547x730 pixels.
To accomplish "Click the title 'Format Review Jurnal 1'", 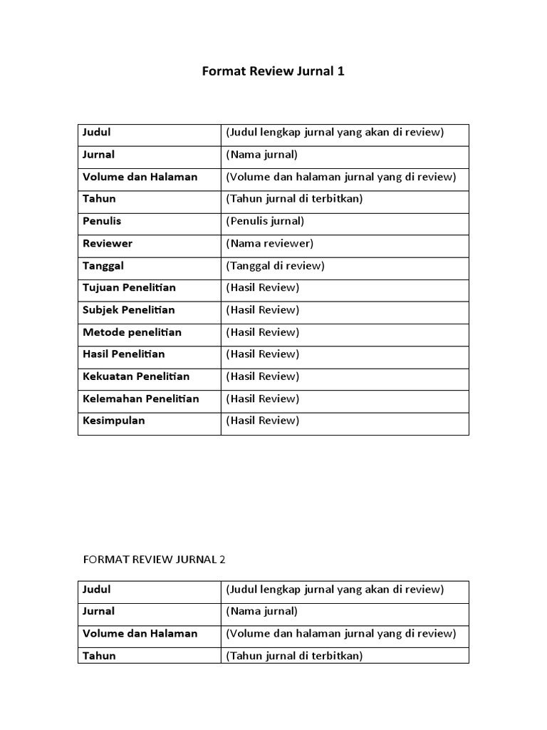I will click(x=273, y=71).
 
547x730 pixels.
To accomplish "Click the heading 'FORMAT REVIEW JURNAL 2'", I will click(x=154, y=560).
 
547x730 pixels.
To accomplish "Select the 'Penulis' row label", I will click(x=102, y=221).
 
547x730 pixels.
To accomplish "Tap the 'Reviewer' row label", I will click(x=108, y=244).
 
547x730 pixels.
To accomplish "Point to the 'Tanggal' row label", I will click(x=104, y=266).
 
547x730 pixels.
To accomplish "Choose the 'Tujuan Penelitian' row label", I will click(x=129, y=288).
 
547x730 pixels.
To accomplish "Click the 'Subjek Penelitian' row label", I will click(x=129, y=310).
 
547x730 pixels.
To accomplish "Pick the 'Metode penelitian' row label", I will click(x=132, y=332).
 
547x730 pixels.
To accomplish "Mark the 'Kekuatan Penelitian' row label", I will click(x=136, y=376).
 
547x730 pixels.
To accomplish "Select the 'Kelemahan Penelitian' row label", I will click(x=140, y=399).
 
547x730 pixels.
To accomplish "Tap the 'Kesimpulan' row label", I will click(x=114, y=421).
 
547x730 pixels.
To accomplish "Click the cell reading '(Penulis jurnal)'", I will click(x=265, y=221).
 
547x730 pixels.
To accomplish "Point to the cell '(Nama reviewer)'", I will click(x=270, y=244).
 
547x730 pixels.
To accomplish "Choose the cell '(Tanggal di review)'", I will click(x=275, y=266).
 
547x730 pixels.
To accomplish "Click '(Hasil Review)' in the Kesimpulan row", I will click(x=263, y=421).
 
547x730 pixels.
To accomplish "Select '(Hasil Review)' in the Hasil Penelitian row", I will click(x=263, y=354).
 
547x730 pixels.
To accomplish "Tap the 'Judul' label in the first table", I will click(x=97, y=133).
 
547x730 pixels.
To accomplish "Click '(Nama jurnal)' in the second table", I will click(x=261, y=612).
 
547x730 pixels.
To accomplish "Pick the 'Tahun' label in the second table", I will click(x=99, y=656).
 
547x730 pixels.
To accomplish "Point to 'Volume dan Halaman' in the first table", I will click(x=140, y=177).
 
